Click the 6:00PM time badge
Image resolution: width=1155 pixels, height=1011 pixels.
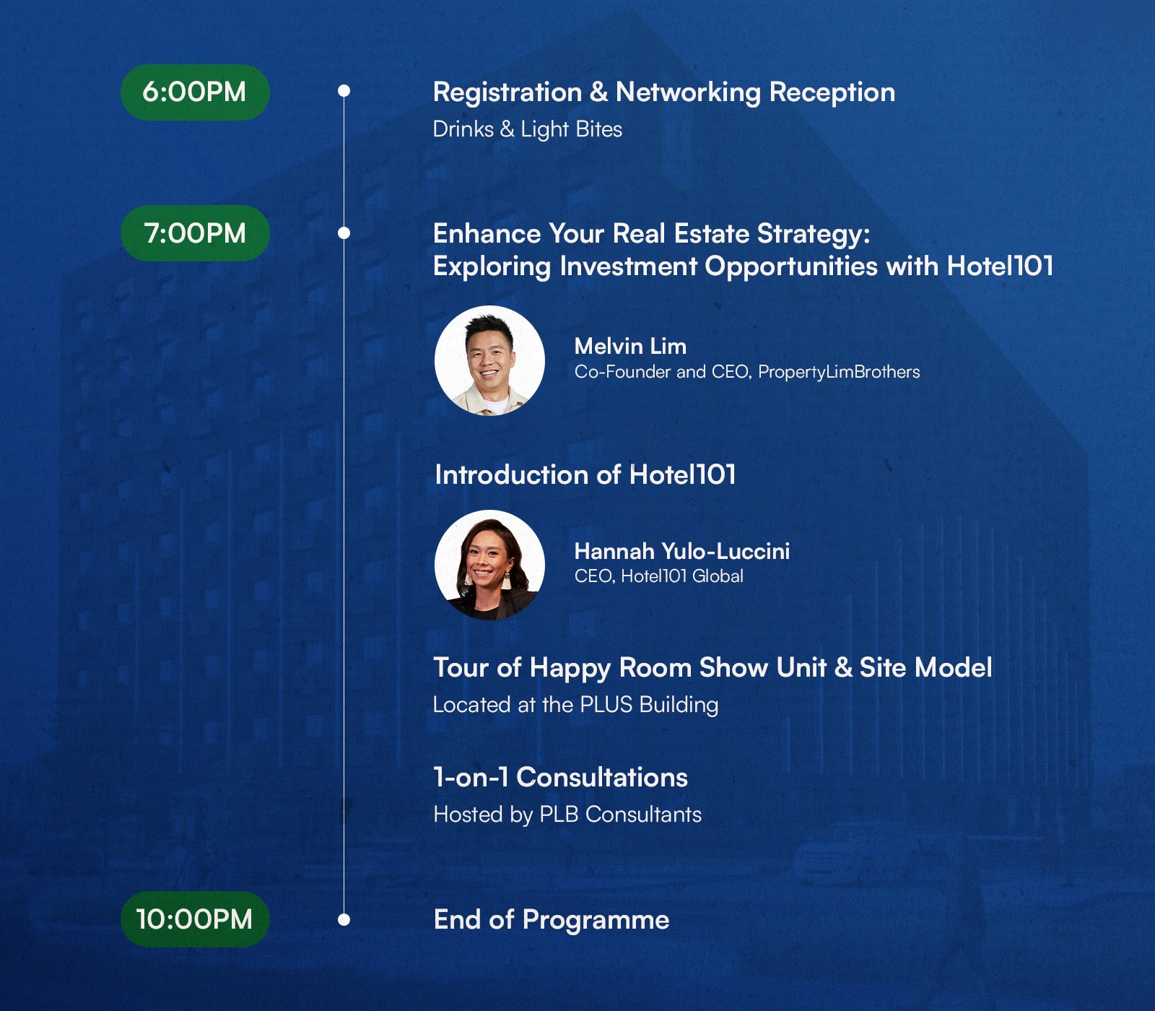click(x=195, y=92)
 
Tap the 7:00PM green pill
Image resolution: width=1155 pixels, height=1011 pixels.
click(x=195, y=233)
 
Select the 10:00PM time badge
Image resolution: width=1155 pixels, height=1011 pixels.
click(x=195, y=919)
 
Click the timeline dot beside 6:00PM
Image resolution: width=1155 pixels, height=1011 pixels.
click(x=344, y=91)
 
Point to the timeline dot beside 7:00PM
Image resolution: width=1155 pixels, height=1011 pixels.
click(x=344, y=233)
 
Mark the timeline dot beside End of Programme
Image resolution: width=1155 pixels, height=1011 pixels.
click(x=344, y=920)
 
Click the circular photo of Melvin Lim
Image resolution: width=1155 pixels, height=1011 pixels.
click(x=489, y=360)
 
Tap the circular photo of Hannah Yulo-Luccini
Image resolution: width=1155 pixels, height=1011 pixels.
click(x=489, y=565)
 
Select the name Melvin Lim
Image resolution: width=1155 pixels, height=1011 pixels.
click(x=630, y=347)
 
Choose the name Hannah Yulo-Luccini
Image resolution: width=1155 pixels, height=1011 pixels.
click(x=682, y=551)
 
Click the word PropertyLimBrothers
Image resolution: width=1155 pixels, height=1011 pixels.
click(x=839, y=372)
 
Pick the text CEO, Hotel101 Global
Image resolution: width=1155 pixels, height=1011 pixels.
click(x=659, y=576)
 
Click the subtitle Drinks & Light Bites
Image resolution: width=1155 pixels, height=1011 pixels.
click(x=528, y=129)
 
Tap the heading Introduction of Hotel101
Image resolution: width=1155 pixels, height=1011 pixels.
click(x=585, y=475)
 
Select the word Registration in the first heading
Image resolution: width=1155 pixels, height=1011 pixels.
click(x=507, y=93)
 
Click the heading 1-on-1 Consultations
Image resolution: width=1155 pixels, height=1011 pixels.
click(x=561, y=778)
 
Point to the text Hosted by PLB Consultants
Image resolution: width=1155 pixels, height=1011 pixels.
click(x=567, y=815)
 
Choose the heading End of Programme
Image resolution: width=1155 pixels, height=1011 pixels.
click(x=552, y=921)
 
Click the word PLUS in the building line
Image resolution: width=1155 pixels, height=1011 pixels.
click(x=606, y=705)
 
